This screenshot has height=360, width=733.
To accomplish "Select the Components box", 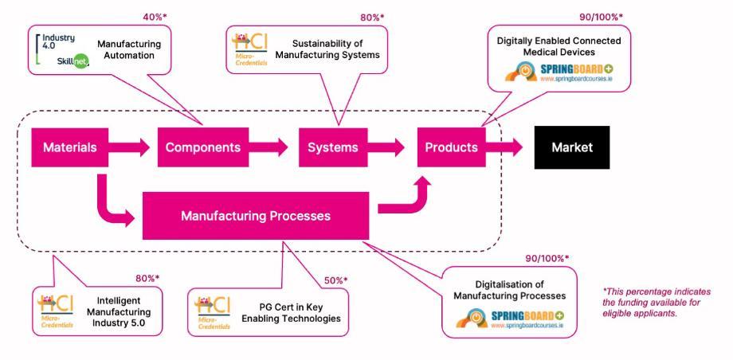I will (202, 147).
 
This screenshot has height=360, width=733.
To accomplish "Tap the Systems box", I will (332, 147).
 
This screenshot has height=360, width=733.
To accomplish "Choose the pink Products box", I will (451, 147).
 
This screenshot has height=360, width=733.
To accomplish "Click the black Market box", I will (571, 147).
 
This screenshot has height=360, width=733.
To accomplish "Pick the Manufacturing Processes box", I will (255, 215).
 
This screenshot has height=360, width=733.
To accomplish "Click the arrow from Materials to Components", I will (127, 147).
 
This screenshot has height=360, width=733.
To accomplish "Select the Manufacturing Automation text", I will (128, 49).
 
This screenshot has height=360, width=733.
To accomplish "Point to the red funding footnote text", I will (656, 303).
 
